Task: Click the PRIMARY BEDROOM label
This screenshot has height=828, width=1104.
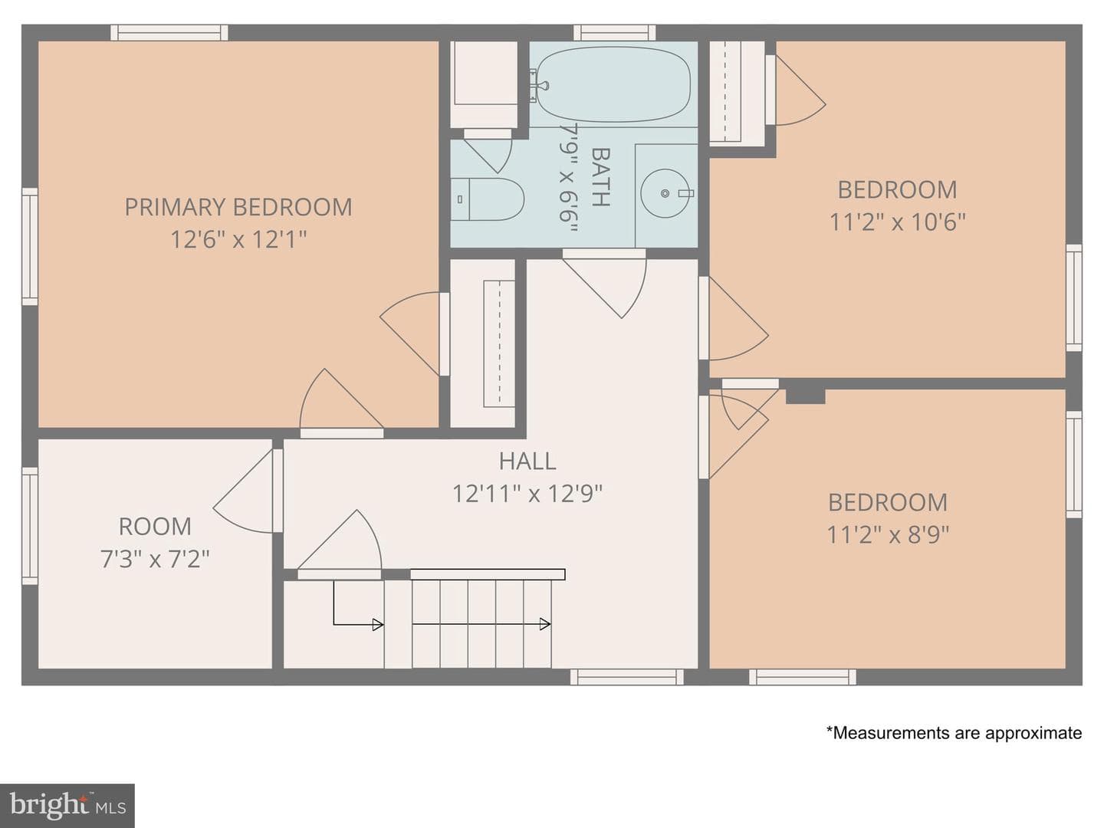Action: point(238,207)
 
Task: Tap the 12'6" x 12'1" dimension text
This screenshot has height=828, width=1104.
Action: point(238,239)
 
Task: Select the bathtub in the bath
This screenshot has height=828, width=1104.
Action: point(613,84)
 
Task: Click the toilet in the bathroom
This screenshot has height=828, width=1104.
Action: point(487,199)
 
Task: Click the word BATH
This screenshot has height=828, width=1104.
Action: point(600,177)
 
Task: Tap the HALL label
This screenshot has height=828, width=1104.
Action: point(527,461)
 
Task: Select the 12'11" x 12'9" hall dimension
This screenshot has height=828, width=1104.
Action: point(527,493)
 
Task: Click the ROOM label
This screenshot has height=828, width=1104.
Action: point(155,527)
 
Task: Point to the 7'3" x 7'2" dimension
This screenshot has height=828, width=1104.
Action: point(155,559)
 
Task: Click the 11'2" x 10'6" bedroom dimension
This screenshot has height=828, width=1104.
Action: point(897,222)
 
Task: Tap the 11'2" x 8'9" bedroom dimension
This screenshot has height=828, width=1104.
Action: point(888,534)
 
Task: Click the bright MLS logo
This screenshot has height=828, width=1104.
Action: point(67,805)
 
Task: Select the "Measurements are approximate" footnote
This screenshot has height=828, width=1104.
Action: point(955,732)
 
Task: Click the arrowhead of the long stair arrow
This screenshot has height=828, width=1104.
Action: point(544,624)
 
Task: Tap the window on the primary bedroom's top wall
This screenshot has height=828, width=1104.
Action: point(169,33)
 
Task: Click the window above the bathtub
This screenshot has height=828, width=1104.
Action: point(615,33)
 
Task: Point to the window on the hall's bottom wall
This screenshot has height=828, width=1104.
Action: point(626,677)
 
